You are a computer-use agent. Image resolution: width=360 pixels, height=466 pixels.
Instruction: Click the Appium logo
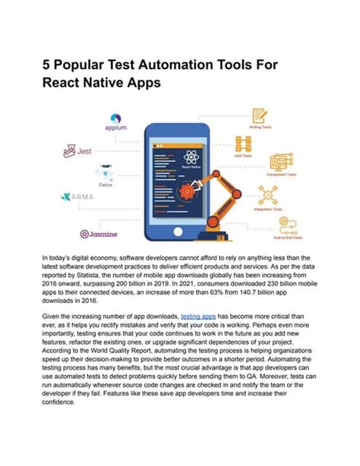coord(115,121)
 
